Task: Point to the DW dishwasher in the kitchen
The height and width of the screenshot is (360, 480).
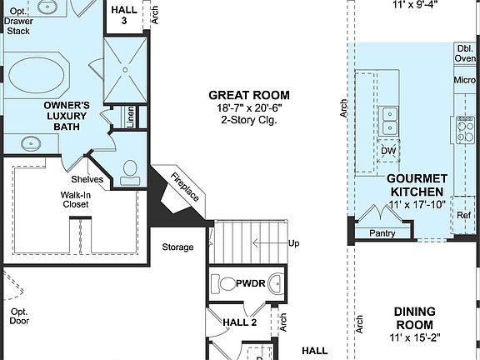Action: (388, 151)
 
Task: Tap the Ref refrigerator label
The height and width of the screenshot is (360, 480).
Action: (464, 216)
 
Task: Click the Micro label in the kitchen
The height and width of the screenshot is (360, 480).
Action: (465, 80)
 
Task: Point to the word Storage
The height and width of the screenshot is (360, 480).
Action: (177, 247)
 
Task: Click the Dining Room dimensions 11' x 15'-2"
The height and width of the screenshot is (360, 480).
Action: (414, 338)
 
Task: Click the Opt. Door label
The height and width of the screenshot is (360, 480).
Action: (19, 316)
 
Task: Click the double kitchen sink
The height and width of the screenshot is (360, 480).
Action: (388, 120)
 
